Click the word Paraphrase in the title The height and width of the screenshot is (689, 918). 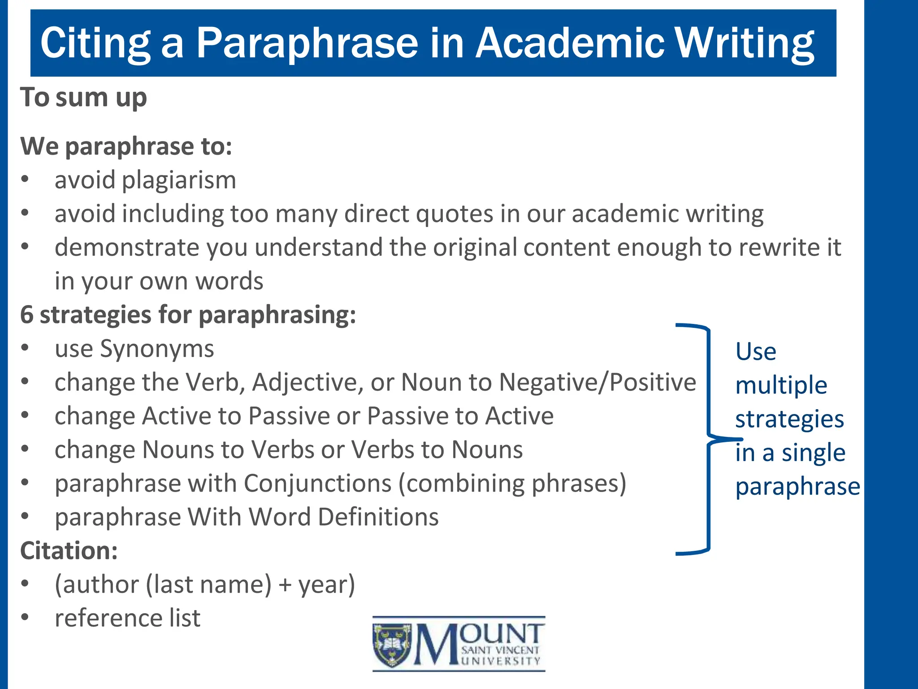pyautogui.click(x=307, y=43)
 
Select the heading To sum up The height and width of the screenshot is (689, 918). pyautogui.click(x=84, y=97)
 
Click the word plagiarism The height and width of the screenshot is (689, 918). pyautogui.click(x=179, y=180)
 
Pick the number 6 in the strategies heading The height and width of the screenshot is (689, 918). pyautogui.click(x=27, y=315)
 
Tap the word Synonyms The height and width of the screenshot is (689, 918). pyautogui.click(x=157, y=349)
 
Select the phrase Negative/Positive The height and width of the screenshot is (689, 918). pyautogui.click(x=598, y=383)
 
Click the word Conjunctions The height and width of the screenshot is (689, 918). pyautogui.click(x=318, y=484)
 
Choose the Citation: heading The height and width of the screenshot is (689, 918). pyautogui.click(x=69, y=551)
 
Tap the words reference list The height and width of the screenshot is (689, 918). pyautogui.click(x=128, y=618)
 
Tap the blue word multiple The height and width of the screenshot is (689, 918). pyautogui.click(x=781, y=385)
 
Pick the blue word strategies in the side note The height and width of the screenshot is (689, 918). pyautogui.click(x=789, y=419)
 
